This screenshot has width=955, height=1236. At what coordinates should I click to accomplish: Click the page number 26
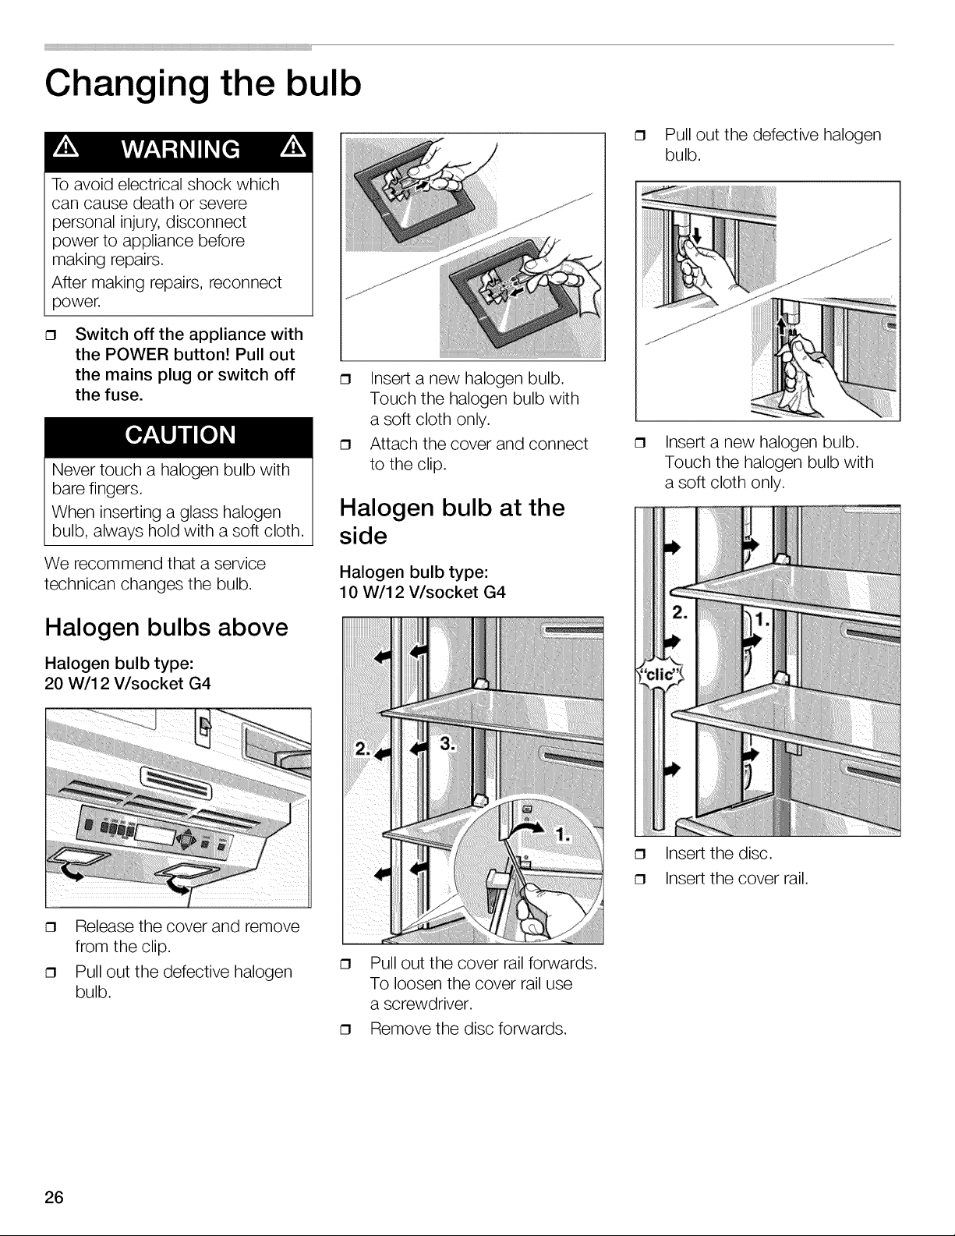pos(54,1197)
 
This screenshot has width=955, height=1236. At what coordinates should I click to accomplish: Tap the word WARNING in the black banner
pos(181,150)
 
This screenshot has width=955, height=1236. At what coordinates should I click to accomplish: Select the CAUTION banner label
pos(180,435)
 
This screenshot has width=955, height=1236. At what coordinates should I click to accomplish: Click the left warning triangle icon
pos(66,148)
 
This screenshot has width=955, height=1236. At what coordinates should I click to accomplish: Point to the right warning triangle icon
pos(293,148)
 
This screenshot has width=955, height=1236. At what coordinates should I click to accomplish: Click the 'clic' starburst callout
pos(660,675)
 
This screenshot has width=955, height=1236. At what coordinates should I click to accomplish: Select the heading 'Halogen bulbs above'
pos(167,628)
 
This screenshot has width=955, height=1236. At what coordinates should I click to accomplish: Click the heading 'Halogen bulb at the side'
pos(452,522)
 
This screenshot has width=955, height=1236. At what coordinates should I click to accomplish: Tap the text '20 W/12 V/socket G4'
pos(127,683)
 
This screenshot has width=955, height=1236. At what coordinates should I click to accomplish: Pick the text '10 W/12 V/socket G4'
pos(423,592)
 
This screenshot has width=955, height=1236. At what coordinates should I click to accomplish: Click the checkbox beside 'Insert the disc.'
pos(641,854)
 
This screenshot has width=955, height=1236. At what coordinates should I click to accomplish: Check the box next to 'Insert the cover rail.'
pos(641,880)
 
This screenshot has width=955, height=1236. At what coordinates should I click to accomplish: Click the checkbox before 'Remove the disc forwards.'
pos(345,1029)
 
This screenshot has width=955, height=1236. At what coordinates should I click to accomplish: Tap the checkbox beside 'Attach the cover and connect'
pos(345,444)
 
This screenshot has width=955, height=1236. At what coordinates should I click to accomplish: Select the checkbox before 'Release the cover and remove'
pos(51,927)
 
